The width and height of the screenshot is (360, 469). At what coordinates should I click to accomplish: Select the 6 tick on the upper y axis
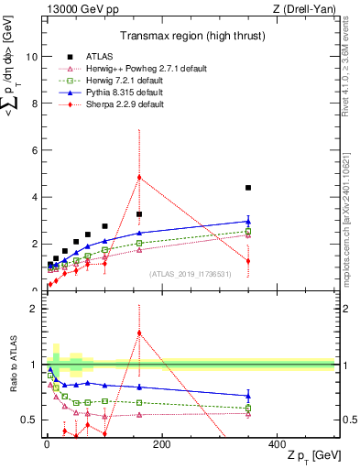click(x=36, y=150)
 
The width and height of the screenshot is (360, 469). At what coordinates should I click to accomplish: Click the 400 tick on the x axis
click(x=277, y=443)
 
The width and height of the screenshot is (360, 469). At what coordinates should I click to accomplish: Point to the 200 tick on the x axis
click(x=161, y=443)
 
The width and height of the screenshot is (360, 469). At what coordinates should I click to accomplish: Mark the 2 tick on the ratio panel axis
click(x=36, y=309)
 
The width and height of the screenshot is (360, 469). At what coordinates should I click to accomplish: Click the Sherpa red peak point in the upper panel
click(x=139, y=177)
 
